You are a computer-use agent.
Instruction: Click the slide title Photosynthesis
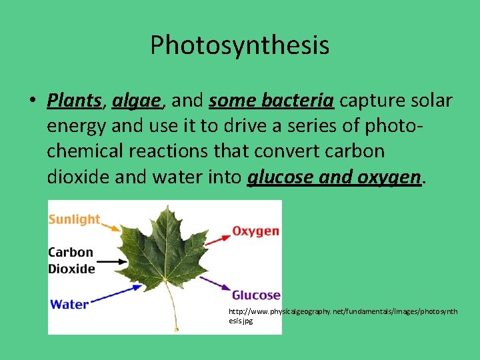point(239,45)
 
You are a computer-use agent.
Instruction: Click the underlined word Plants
point(73,101)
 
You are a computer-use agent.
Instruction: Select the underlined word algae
point(137,101)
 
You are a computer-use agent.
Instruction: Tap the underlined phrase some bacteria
point(271,101)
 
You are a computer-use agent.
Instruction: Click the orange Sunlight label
point(74,219)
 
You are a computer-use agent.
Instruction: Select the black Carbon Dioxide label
point(71,261)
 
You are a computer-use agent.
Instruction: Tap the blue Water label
point(69,304)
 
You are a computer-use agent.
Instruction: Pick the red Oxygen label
point(255,231)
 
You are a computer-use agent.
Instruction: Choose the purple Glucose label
point(256,295)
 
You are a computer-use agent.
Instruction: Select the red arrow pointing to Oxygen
point(217,240)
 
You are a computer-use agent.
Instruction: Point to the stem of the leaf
point(175,313)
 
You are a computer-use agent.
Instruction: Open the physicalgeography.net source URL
point(343,315)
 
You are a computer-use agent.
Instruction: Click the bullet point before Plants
point(32,101)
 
